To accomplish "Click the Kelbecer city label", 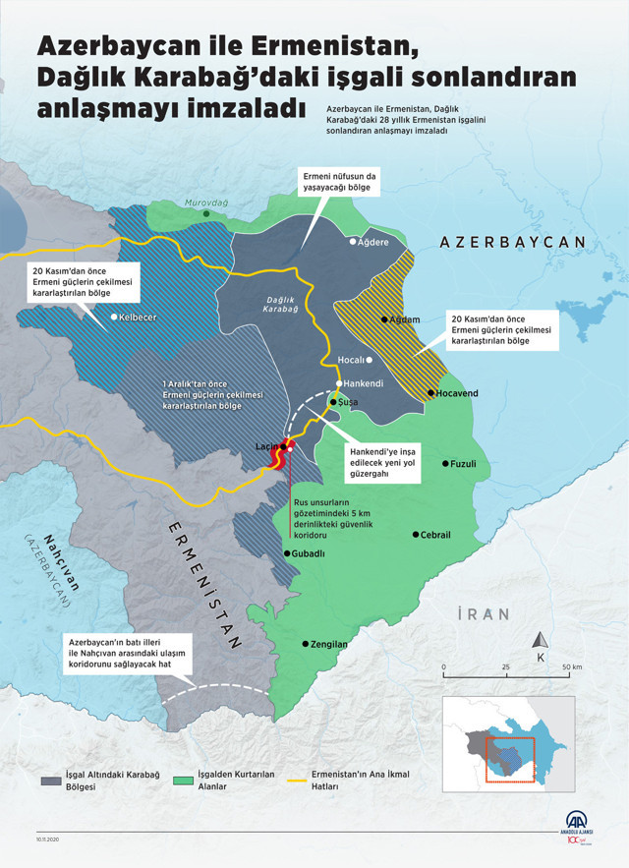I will tap(139, 318).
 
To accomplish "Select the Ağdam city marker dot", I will tap(384, 319).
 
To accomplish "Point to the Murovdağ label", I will tap(206, 202).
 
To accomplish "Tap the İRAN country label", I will tap(484, 614).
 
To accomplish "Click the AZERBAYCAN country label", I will tap(512, 242).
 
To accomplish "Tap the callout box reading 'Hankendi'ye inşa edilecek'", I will tap(384, 462).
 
